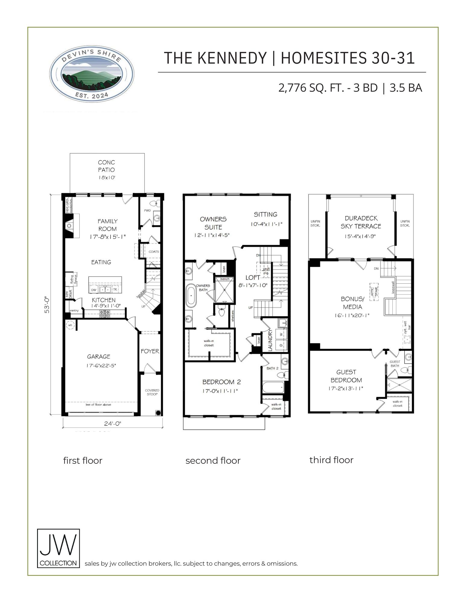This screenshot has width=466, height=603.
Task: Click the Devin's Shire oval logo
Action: click(91, 74)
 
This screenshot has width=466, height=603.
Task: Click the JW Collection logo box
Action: click(58, 548)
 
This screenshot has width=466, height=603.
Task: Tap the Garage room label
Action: click(99, 357)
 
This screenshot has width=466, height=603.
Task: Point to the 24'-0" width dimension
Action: click(113, 423)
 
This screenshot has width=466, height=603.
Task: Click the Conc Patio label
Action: click(106, 166)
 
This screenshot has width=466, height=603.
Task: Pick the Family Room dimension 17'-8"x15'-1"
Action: click(107, 237)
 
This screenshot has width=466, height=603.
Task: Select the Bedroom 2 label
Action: click(221, 382)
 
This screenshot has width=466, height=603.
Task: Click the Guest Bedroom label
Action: click(346, 376)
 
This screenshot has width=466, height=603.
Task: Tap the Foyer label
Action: click(150, 351)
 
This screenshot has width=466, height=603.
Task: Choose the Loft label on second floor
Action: click(253, 277)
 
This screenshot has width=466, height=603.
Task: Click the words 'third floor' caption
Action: click(331, 460)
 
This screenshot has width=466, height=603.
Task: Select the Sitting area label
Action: click(265, 214)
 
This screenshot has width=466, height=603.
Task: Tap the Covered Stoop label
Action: click(152, 392)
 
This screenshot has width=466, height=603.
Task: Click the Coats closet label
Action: click(154, 251)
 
